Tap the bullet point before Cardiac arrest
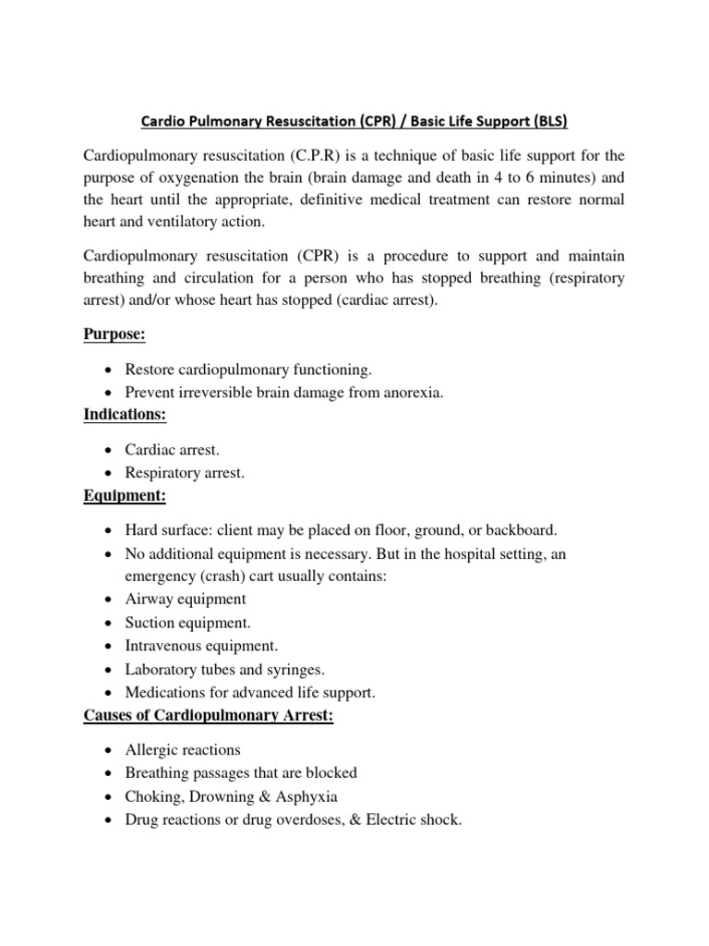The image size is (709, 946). click(109, 450)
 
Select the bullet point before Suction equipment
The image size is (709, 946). click(109, 623)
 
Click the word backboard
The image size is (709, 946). click(523, 531)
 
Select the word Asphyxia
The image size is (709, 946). click(308, 795)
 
